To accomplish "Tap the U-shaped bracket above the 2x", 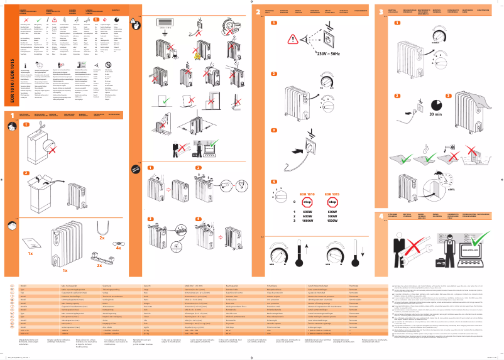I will (102, 227).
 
